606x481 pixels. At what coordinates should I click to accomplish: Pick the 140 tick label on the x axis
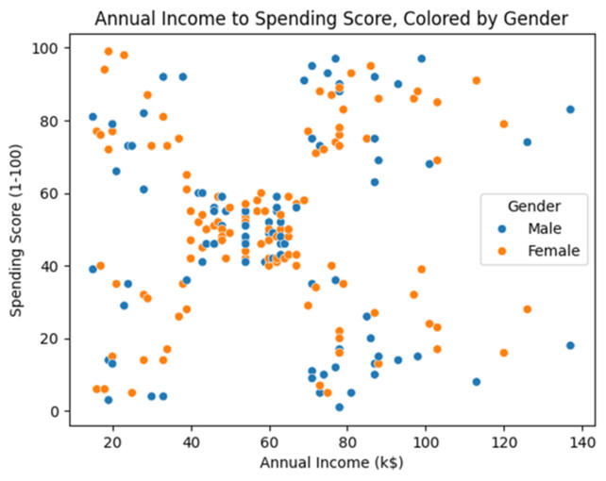581,440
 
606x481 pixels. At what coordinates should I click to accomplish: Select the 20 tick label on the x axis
112,440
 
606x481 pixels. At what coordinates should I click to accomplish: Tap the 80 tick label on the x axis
346,440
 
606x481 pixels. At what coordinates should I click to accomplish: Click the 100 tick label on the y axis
47,48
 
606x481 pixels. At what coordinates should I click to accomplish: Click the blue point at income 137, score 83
570,109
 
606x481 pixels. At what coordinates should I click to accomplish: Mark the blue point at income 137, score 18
570,345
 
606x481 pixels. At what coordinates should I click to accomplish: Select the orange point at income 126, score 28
527,309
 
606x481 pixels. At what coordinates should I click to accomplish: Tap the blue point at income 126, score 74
527,142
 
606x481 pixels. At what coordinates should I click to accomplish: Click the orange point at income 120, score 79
503,124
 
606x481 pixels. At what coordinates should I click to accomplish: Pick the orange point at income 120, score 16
503,353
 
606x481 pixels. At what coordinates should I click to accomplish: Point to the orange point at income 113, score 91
476,80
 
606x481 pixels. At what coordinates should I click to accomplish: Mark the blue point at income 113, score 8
476,382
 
